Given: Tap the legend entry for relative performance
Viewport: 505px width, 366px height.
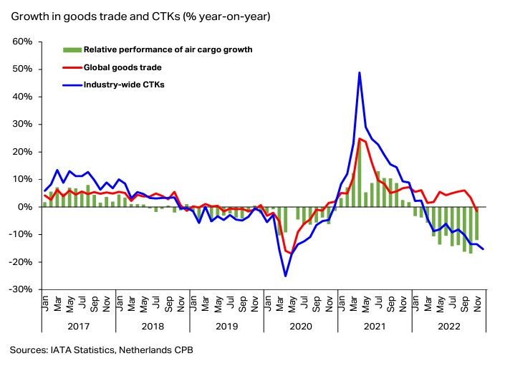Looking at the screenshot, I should click(x=168, y=49).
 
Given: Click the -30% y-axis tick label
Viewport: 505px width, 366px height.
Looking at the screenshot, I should click(x=21, y=289).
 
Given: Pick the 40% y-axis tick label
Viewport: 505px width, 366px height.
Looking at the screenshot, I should click(x=23, y=97).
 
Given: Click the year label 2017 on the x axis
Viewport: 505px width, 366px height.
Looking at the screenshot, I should click(x=79, y=326).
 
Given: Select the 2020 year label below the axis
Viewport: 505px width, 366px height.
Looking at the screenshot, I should click(x=300, y=326).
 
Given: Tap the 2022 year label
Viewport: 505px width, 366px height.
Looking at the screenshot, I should click(x=448, y=326).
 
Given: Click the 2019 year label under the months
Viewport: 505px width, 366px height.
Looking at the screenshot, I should click(x=226, y=326).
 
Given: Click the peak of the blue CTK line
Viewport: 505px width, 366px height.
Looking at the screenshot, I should click(x=359, y=72).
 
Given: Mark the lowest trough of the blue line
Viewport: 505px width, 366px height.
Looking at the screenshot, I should click(x=285, y=276).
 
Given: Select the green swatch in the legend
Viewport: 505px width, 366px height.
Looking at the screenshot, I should click(x=72, y=49).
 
